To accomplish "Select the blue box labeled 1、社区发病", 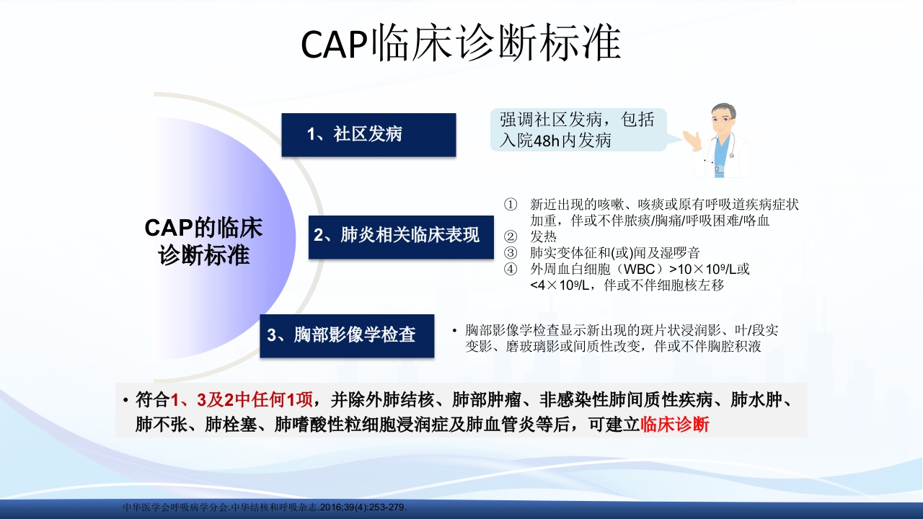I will click(368, 135).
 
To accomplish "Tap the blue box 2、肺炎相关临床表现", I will click(401, 236).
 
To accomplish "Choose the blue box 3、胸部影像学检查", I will click(347, 336).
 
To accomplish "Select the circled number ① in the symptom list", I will click(511, 205).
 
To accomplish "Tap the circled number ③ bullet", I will click(511, 253).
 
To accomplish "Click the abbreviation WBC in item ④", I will click(640, 269).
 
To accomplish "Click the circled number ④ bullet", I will click(511, 269).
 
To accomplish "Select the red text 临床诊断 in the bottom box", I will click(675, 425).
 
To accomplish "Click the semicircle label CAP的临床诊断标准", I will click(204, 241).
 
